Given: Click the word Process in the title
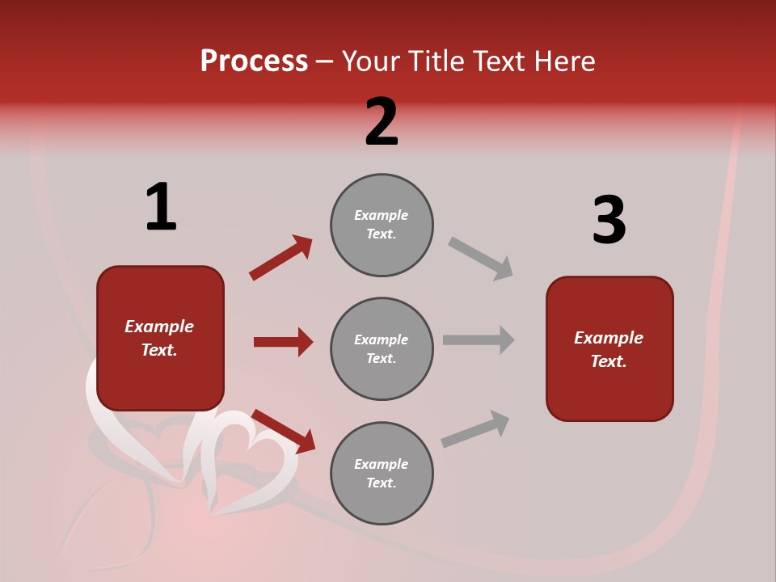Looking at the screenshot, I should [x=254, y=61].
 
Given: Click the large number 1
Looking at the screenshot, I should [x=161, y=207].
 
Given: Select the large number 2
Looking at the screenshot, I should [x=382, y=122].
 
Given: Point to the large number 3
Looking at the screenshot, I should [x=609, y=220].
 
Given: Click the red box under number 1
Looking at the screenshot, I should [x=160, y=338].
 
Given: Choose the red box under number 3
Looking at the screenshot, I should [x=609, y=349].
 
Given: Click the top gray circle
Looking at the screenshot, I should [x=382, y=225].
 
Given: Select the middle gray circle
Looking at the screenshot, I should [x=382, y=349].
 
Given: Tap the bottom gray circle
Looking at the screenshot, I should [x=382, y=474].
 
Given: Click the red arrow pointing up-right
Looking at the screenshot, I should [x=281, y=257].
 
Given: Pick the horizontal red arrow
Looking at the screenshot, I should [x=283, y=342].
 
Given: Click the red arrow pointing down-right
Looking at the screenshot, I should [x=284, y=432].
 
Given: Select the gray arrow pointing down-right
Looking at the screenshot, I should [x=480, y=258].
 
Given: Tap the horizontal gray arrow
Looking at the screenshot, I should [x=479, y=339].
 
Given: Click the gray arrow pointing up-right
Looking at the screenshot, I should [x=475, y=429].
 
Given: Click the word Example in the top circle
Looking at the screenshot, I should [x=382, y=215].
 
